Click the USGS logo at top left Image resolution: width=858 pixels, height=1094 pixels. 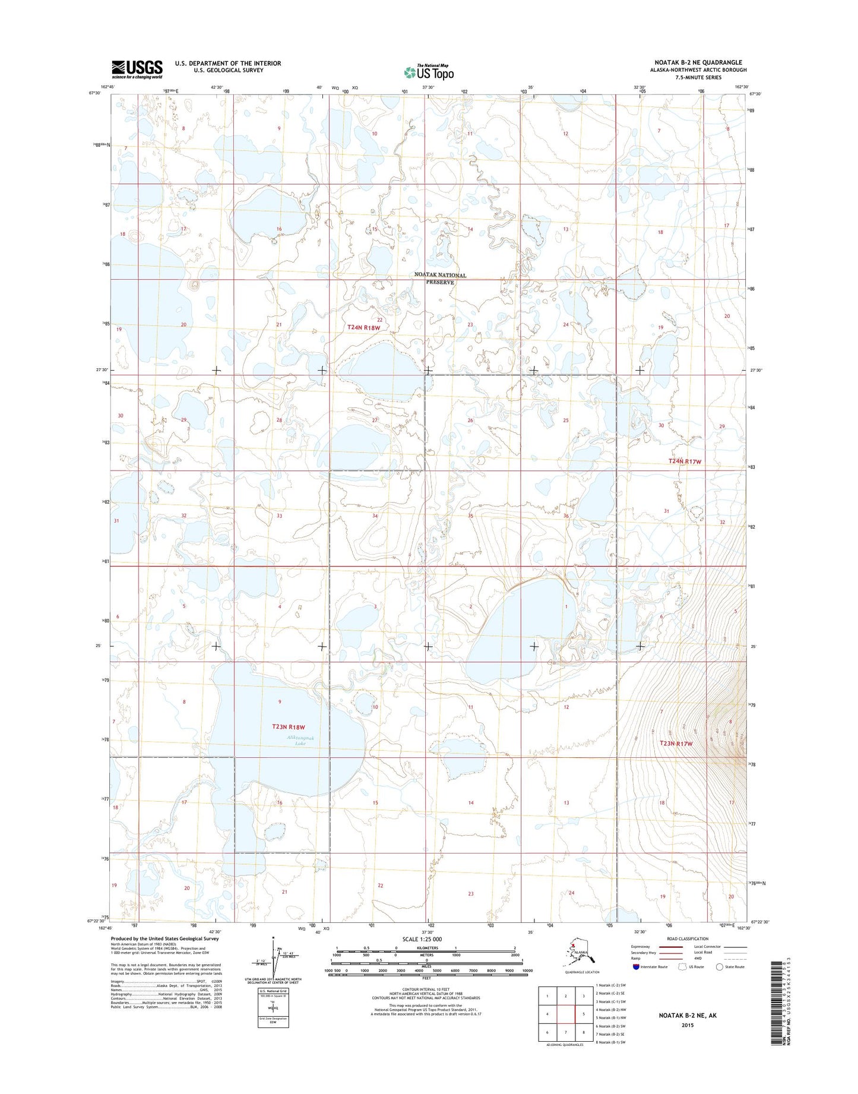click(137, 69)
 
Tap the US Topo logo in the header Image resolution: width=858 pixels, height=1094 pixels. click(429, 72)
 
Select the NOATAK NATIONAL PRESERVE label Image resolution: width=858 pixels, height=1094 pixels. click(440, 279)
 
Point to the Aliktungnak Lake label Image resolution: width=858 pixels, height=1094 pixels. click(300, 740)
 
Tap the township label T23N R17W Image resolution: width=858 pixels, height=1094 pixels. click(676, 744)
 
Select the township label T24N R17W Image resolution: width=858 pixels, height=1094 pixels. click(685, 461)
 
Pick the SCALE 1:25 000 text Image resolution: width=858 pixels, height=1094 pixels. click(426, 939)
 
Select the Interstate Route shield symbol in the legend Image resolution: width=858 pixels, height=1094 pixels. click(636, 967)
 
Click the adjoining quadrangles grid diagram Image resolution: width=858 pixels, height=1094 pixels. click(565, 1016)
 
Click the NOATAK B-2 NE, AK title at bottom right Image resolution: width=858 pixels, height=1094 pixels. click(688, 1016)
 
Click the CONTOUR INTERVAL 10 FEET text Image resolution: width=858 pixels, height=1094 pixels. click(426, 989)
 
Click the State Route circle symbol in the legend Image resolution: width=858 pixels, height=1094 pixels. click(720, 967)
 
